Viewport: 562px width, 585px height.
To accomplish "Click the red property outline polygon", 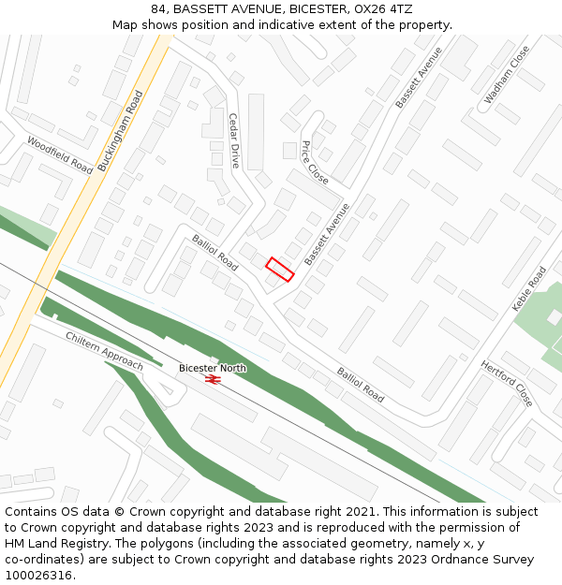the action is pyautogui.click(x=280, y=270).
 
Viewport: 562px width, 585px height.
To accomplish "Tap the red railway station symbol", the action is pyautogui.click(x=213, y=380).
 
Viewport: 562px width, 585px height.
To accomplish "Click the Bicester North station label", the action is pyautogui.click(x=213, y=368).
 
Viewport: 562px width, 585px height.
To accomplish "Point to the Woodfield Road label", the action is pyautogui.click(x=60, y=155).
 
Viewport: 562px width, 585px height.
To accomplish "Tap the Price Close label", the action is pyautogui.click(x=315, y=163).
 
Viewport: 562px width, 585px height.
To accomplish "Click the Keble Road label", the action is pyautogui.click(x=529, y=289).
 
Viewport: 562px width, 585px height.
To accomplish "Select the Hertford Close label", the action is pyautogui.click(x=507, y=384).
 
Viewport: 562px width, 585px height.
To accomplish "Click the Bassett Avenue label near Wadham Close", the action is pyautogui.click(x=418, y=77).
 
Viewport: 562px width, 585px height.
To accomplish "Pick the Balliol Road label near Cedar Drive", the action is pyautogui.click(x=215, y=253).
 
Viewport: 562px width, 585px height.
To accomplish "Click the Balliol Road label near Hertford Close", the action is pyautogui.click(x=360, y=385).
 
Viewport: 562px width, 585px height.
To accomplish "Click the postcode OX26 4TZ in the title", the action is pyautogui.click(x=381, y=8).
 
